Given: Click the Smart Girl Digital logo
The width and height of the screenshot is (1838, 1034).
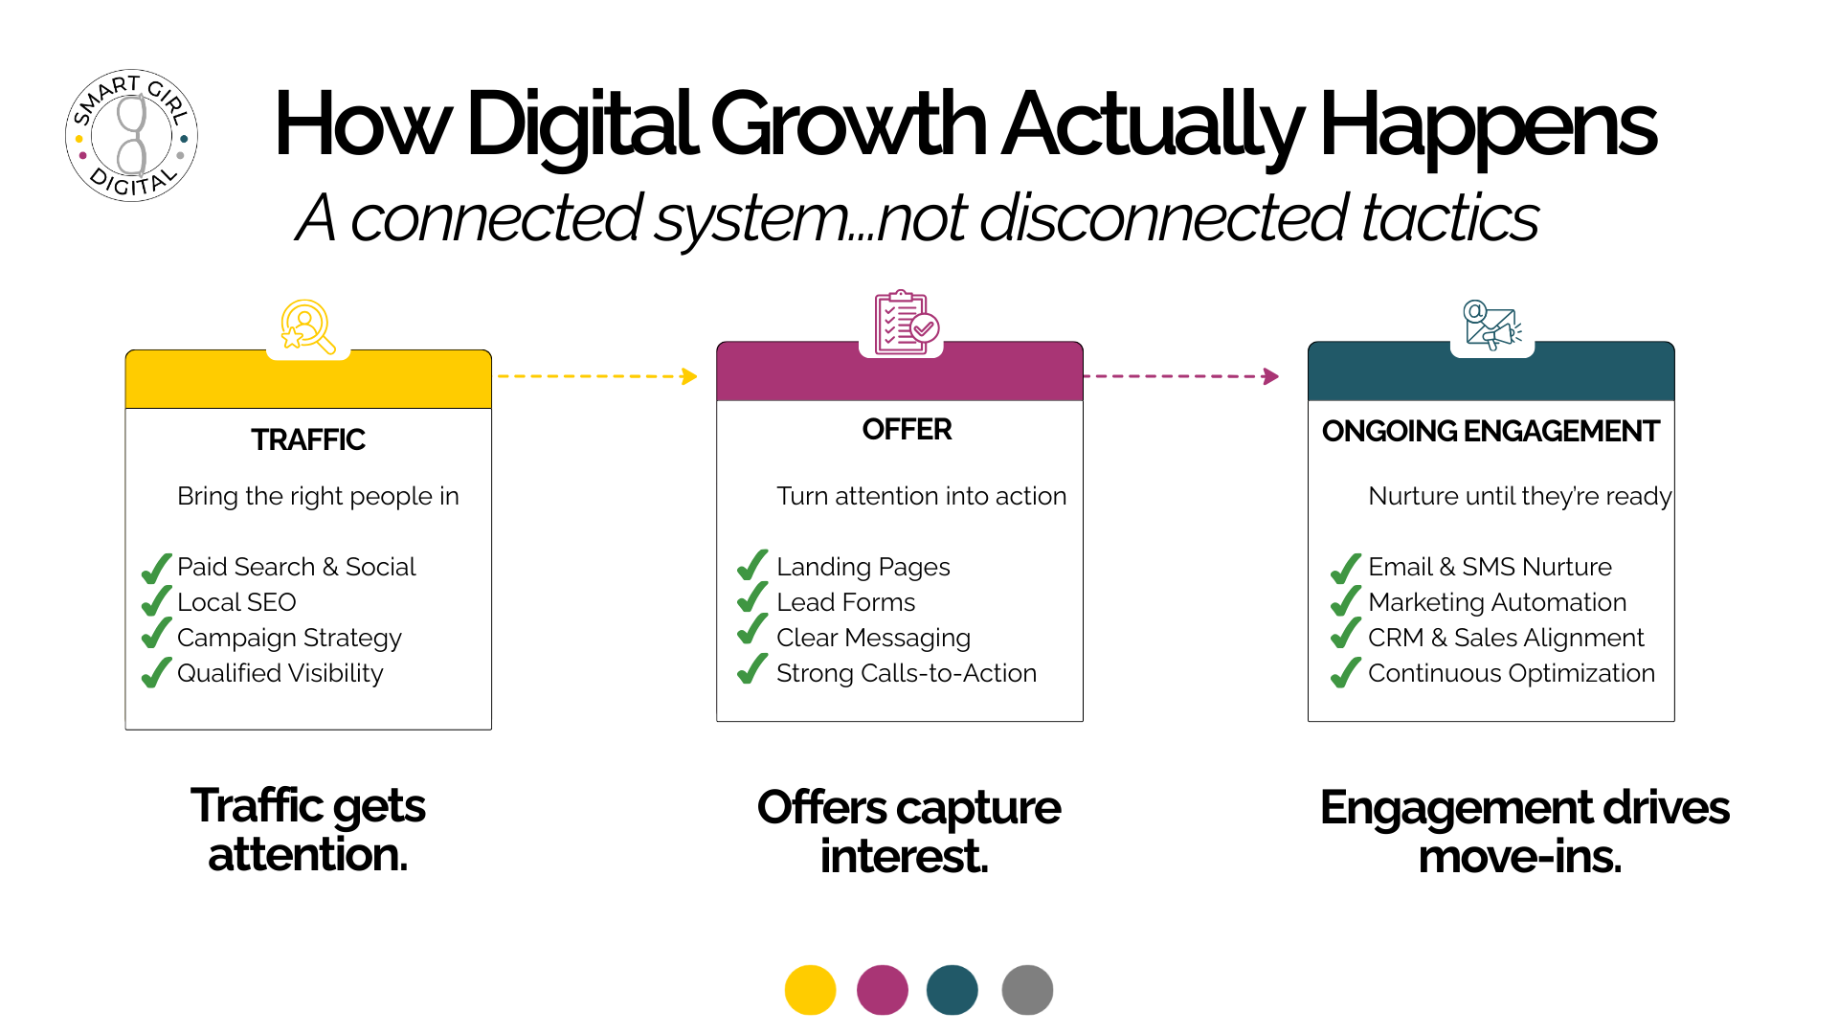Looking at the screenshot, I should click(x=131, y=135).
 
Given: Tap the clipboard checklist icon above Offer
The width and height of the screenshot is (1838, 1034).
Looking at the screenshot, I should click(x=906, y=323).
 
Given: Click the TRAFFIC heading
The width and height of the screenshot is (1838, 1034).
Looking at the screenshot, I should click(x=308, y=439).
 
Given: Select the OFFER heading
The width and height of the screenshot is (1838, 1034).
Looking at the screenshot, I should click(x=907, y=429).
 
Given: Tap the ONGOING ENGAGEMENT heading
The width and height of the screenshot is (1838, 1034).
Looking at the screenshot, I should click(x=1491, y=431).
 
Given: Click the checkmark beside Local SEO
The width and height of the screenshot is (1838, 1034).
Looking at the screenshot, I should click(x=156, y=601).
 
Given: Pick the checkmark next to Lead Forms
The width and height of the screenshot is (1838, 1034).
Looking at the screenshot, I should click(x=752, y=598).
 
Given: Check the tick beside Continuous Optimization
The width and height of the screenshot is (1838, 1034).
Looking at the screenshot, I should click(x=1345, y=672).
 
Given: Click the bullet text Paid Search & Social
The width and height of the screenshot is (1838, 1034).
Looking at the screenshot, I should click(x=297, y=567).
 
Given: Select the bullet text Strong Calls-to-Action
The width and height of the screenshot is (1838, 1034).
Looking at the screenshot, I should click(x=907, y=673).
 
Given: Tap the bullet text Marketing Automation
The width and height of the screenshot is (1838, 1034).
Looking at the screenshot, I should click(x=1497, y=602).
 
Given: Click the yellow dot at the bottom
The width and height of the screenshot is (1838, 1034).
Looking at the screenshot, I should click(x=810, y=990).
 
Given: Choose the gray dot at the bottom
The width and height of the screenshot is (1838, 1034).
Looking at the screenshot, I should click(x=1027, y=990).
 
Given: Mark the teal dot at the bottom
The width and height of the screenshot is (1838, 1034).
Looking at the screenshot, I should click(x=953, y=990).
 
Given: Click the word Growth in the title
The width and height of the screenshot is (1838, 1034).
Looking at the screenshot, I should click(x=848, y=124).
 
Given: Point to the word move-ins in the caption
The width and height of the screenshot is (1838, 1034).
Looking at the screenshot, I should click(x=1519, y=856).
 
